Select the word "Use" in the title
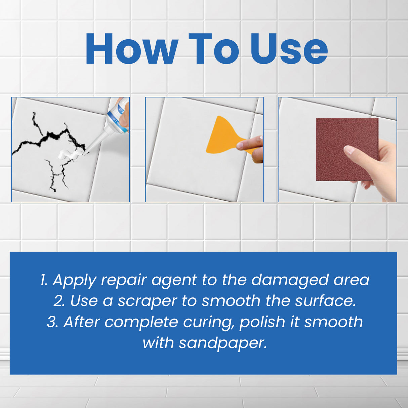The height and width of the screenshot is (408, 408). pos(289,49)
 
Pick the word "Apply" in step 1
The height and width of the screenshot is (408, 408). pos(75,280)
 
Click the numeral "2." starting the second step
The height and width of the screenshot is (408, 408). pos(59,301)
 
